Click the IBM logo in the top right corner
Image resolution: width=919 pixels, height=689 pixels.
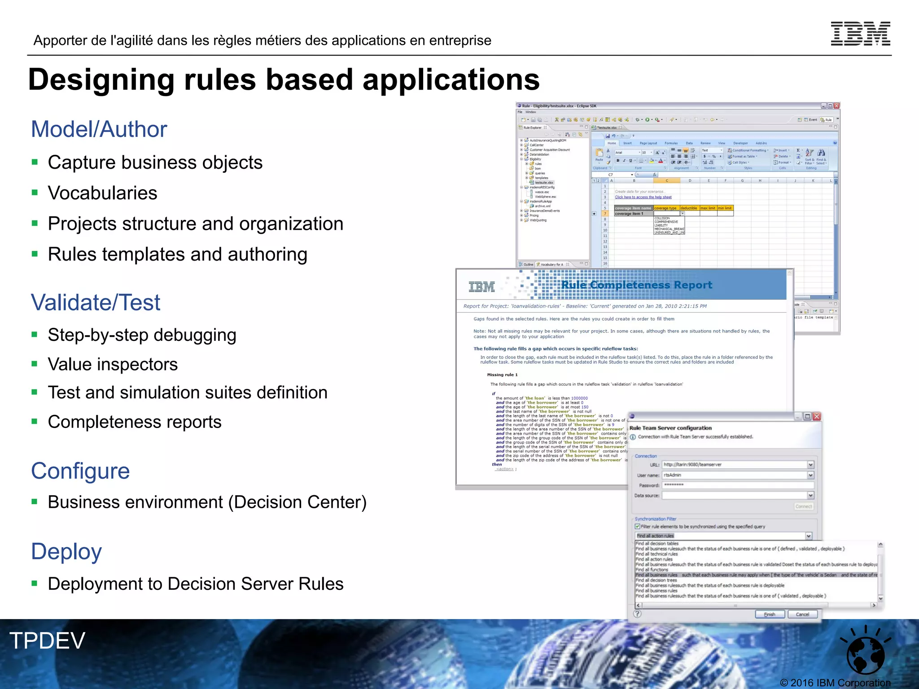(x=860, y=34)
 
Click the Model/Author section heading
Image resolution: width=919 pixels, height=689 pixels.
(x=99, y=129)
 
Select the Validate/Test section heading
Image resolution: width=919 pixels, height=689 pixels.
(x=95, y=302)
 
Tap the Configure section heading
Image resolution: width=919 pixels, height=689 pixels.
(x=80, y=471)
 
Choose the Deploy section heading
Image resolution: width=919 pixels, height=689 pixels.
(x=66, y=551)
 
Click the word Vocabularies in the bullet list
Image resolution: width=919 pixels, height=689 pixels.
(x=102, y=193)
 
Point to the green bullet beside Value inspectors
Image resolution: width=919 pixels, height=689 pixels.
(x=35, y=364)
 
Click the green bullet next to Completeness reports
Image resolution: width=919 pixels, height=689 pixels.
(x=35, y=421)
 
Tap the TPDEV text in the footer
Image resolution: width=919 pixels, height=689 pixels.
(x=47, y=640)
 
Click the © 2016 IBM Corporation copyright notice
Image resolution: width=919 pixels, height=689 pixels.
(x=835, y=683)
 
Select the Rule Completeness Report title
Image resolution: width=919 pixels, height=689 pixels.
(x=636, y=285)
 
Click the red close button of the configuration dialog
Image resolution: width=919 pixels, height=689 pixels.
(x=817, y=416)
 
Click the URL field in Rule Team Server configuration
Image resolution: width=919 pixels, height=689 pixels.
(x=735, y=465)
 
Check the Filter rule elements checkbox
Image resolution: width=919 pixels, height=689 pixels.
(x=638, y=527)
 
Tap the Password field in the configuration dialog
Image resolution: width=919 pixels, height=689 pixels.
(x=738, y=485)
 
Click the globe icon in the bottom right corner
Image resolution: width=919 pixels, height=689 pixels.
(x=865, y=653)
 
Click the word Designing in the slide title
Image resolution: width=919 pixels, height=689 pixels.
(x=101, y=80)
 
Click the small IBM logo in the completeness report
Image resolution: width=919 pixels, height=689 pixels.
(x=481, y=287)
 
